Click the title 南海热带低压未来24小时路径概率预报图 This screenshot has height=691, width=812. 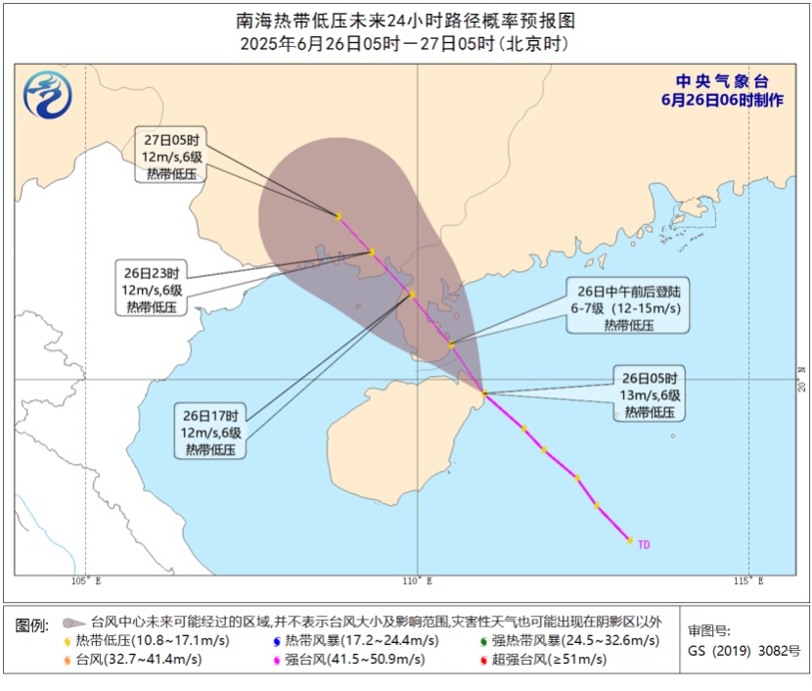point(406,20)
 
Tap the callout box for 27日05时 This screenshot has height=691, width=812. point(171,156)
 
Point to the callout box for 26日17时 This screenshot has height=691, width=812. point(210,432)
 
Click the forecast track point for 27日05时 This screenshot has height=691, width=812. point(338,216)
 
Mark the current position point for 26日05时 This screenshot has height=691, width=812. point(484,393)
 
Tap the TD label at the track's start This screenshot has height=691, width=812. point(644,544)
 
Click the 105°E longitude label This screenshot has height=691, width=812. point(86,582)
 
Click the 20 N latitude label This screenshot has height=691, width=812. point(799,380)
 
